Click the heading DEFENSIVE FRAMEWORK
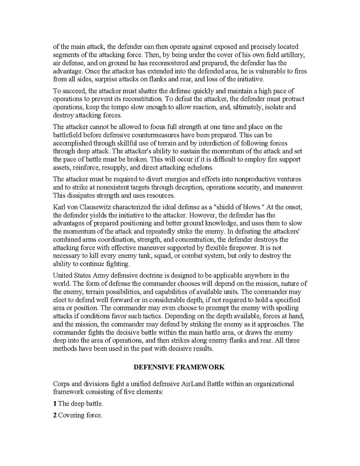click(x=179, y=367)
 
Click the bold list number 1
click(x=55, y=404)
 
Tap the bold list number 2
click(x=55, y=415)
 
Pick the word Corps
click(x=61, y=384)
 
